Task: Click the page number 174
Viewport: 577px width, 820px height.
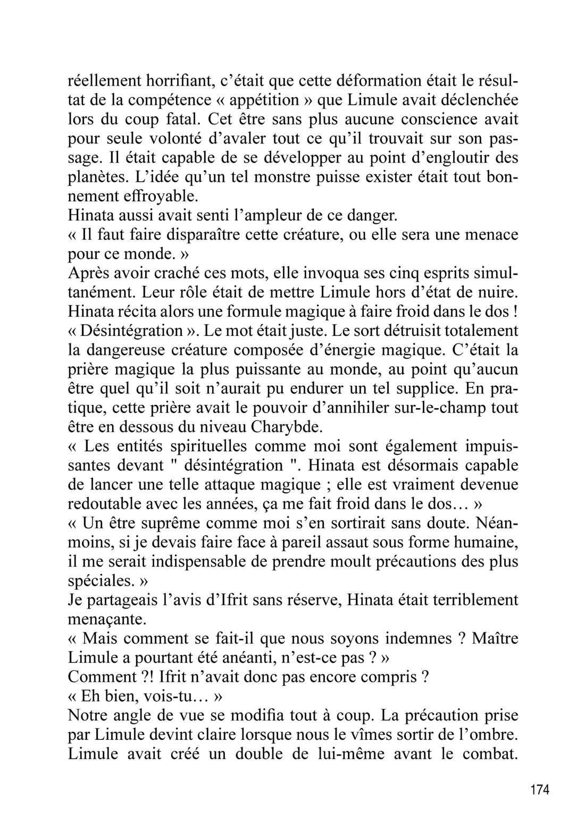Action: [540, 789]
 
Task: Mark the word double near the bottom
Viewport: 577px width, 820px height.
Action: [272, 753]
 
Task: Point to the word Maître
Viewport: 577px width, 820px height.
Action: [495, 638]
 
